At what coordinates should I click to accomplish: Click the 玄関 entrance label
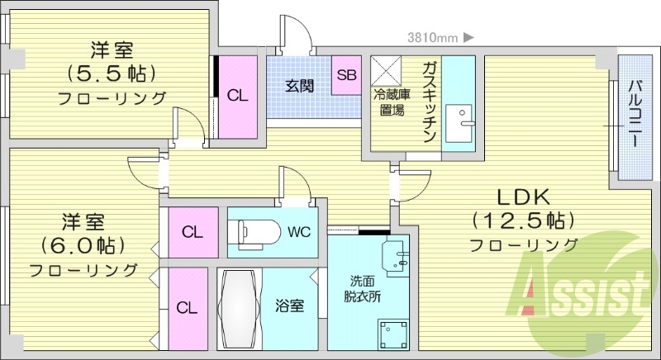(x=299, y=85)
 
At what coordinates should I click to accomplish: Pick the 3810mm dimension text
(x=433, y=37)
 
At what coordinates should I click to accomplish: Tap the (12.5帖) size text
(x=524, y=220)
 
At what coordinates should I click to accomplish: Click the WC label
(x=299, y=231)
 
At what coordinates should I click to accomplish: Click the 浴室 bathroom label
(x=289, y=306)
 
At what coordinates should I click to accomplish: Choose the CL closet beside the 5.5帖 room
(x=238, y=96)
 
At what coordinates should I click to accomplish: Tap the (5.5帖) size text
(x=112, y=73)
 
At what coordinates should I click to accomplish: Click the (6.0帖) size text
(x=83, y=245)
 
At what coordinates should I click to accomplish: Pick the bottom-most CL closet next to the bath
(x=188, y=307)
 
